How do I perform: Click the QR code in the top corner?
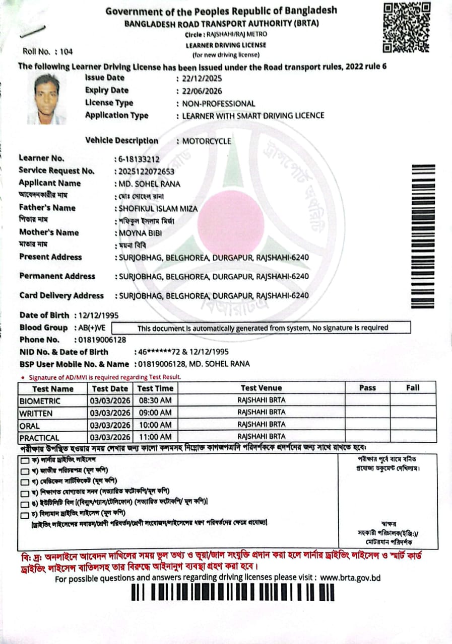[x=407, y=28]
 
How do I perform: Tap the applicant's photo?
[x=48, y=99]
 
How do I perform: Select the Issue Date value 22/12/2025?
[x=202, y=78]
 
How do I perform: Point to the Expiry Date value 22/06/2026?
[x=202, y=91]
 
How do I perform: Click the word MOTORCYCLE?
[x=207, y=141]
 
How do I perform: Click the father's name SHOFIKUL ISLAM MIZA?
[x=158, y=208]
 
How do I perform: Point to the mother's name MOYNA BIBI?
[x=138, y=233]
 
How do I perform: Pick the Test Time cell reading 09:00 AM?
[x=155, y=413]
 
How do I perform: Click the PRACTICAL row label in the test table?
[x=39, y=437]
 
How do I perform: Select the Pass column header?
[x=367, y=388]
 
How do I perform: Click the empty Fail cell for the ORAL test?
[x=413, y=425]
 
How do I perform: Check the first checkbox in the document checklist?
[x=24, y=460]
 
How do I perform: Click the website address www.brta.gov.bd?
[x=350, y=578]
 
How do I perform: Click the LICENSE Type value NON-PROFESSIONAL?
[x=219, y=104]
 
